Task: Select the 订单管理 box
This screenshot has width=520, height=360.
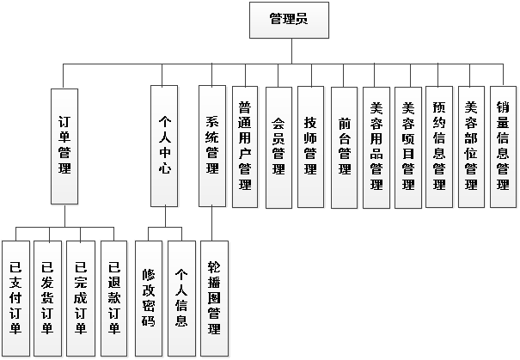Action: point(64,147)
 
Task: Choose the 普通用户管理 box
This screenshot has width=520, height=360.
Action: point(246,147)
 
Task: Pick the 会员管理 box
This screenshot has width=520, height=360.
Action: point(278,147)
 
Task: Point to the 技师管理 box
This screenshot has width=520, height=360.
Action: point(310,147)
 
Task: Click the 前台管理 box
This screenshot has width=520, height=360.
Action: point(343,147)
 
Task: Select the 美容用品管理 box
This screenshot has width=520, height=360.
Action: point(376,147)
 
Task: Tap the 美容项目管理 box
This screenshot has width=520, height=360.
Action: point(407,147)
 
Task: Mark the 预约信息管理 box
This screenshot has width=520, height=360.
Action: point(439,147)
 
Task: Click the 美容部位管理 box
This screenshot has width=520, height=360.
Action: point(471,147)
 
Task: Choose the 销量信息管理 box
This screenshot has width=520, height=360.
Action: point(503,147)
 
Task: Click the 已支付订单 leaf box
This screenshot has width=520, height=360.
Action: point(15,298)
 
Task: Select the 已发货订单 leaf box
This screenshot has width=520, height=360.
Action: point(47,298)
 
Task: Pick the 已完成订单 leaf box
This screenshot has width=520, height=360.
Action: point(81,298)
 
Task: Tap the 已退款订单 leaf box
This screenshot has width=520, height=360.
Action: point(113,298)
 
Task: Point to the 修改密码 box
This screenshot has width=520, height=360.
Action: point(148,298)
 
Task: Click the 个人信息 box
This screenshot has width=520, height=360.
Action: point(181,298)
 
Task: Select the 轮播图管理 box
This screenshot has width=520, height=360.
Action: point(214,298)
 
